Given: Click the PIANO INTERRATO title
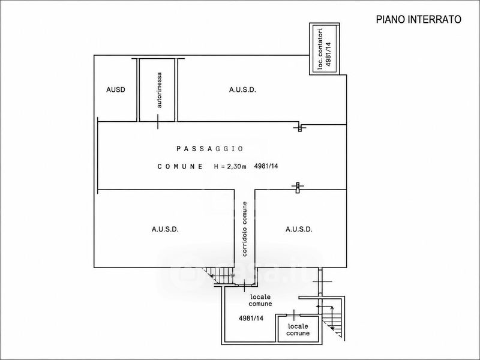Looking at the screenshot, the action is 418,19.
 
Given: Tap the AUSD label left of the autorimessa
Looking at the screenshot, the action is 116,89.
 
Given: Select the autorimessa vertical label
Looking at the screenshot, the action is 159,90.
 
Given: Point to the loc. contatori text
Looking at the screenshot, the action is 320,49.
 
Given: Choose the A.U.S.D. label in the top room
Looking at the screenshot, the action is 242,89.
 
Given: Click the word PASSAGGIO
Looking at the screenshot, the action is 209,149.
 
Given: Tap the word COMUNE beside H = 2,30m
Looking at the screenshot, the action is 180,167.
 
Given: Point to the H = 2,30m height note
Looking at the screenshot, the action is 230,167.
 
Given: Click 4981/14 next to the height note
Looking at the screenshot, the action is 266,166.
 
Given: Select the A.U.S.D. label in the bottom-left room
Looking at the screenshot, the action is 165,229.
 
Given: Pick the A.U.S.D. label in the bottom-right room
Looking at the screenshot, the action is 299,229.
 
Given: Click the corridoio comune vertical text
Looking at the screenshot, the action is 245,229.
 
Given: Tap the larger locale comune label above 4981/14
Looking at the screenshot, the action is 260,301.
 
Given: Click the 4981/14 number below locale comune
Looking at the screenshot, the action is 251,319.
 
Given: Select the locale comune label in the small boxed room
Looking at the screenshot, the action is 298,330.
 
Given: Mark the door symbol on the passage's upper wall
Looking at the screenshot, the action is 299,127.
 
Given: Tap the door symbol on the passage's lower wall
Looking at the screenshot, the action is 297,187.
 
